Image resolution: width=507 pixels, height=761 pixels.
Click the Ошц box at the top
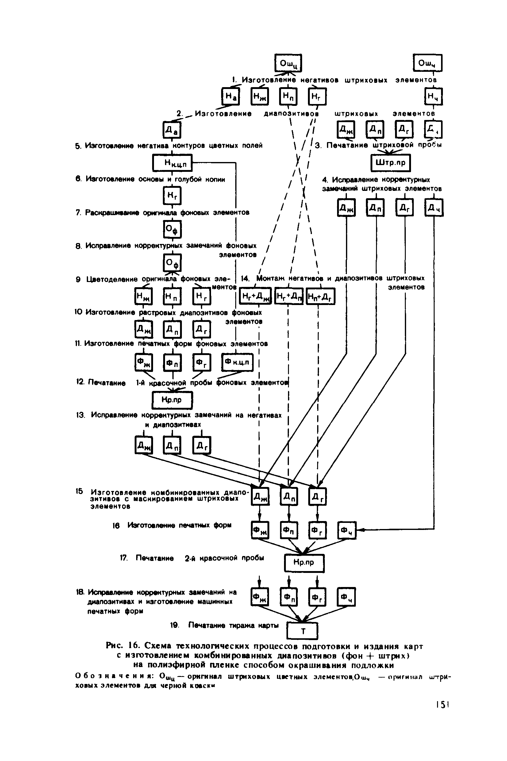pyautogui.click(x=288, y=63)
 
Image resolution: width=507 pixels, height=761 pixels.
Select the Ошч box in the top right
pyautogui.click(x=427, y=63)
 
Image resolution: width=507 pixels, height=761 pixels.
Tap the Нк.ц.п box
pyautogui.click(x=172, y=163)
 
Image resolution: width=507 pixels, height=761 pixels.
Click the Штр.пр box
pyautogui.click(x=390, y=163)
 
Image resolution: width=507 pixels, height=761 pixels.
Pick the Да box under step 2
pyautogui.click(x=172, y=130)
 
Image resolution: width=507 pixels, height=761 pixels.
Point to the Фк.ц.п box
pyautogui.click(x=237, y=362)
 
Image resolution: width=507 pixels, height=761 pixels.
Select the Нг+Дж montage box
pyautogui.click(x=255, y=296)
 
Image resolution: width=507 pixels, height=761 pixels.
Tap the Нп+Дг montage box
pyautogui.click(x=320, y=296)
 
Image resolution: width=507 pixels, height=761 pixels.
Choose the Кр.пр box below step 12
pyautogui.click(x=172, y=400)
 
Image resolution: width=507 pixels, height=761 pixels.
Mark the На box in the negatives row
pyautogui.click(x=230, y=96)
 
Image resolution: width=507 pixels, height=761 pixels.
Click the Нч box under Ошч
pyautogui.click(x=433, y=96)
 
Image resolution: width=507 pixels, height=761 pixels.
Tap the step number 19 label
pyautogui.click(x=175, y=625)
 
